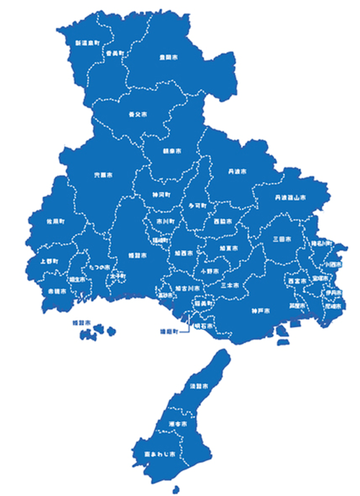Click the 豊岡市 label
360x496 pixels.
pyautogui.click(x=169, y=55)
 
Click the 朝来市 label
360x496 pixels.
pyautogui.click(x=172, y=152)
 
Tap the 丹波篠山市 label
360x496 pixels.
pyautogui.click(x=289, y=197)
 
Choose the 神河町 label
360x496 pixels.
pyautogui.click(x=161, y=194)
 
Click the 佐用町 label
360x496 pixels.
pyautogui.click(x=56, y=220)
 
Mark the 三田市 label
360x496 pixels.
pyautogui.click(x=282, y=238)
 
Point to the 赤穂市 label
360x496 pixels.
pyautogui.click(x=58, y=292)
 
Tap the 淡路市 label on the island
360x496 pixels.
pyautogui.click(x=199, y=387)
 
